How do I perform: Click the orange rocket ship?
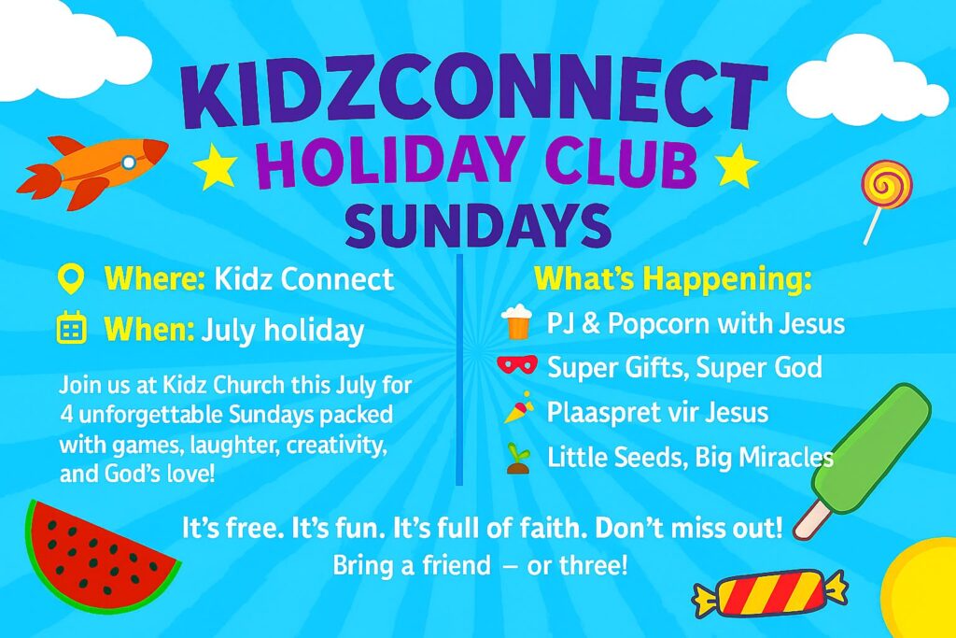click(x=91, y=169)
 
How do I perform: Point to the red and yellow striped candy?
click(x=770, y=595)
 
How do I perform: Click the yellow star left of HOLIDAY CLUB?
click(x=215, y=165)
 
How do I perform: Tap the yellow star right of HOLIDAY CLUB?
click(x=737, y=165)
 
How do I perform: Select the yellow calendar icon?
click(x=71, y=328)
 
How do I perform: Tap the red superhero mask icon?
click(x=517, y=364)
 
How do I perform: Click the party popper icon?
click(x=519, y=408)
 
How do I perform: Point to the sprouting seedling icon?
click(x=518, y=459)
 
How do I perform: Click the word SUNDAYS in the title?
click(x=477, y=225)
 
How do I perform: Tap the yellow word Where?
click(x=155, y=279)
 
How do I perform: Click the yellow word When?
click(x=149, y=330)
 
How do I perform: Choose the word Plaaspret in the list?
click(x=601, y=412)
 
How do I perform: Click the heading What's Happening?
click(x=673, y=278)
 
